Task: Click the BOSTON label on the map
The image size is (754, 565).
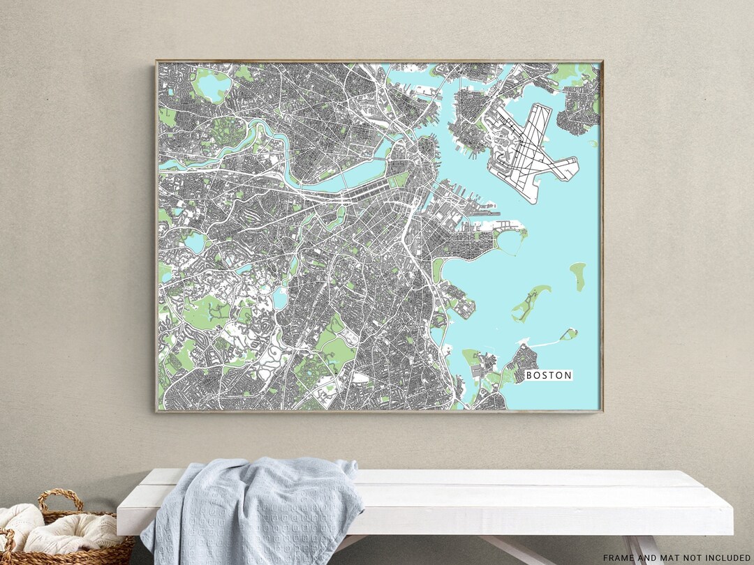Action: click(x=549, y=375)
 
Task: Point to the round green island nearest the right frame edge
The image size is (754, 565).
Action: click(x=578, y=276)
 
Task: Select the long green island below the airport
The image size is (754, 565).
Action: click(x=531, y=303)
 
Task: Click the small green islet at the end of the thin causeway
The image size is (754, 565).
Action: click(x=570, y=334)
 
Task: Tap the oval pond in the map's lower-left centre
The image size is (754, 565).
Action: click(x=280, y=299)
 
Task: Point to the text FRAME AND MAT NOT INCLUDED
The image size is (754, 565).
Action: click(x=677, y=557)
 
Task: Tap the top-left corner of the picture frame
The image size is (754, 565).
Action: click(x=157, y=61)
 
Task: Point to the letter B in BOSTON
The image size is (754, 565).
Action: click(x=529, y=375)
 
